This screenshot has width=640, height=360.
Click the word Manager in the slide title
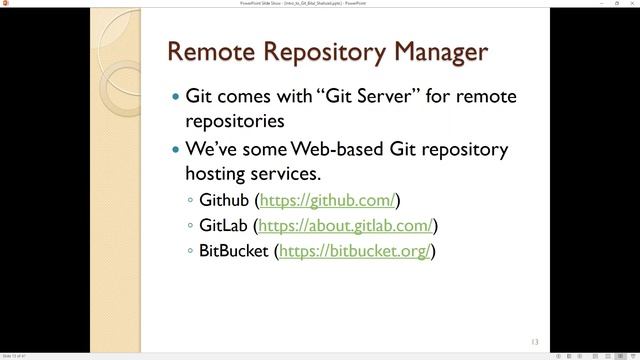(434, 51)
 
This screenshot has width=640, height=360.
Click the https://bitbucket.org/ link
(355, 250)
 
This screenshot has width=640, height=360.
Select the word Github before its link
(224, 200)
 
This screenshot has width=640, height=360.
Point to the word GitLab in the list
(225, 225)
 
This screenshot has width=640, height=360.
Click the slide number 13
(534, 341)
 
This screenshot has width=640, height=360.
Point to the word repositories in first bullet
(235, 122)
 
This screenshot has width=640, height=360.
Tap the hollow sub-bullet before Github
(191, 201)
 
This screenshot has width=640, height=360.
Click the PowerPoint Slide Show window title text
(319, 4)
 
